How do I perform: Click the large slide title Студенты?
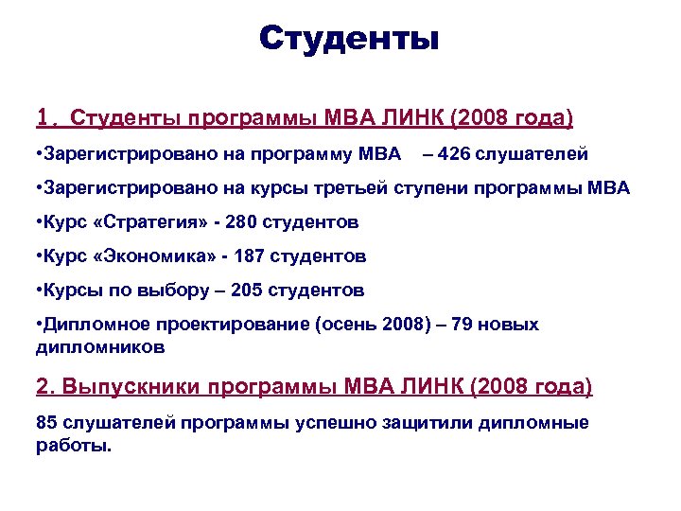[x=349, y=39]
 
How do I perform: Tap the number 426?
[x=459, y=153]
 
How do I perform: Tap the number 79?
[x=463, y=325]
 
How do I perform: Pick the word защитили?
[x=425, y=422]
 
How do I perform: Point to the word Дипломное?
[x=83, y=325]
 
